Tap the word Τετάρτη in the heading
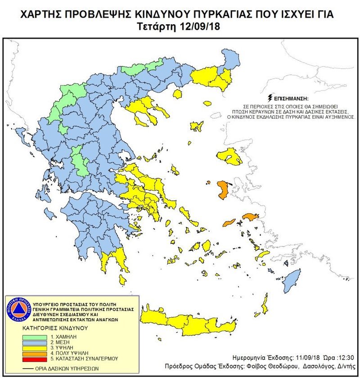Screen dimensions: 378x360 tap(157, 27)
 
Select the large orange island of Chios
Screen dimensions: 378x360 tap(222, 190)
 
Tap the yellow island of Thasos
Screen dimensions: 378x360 tap(177, 94)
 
